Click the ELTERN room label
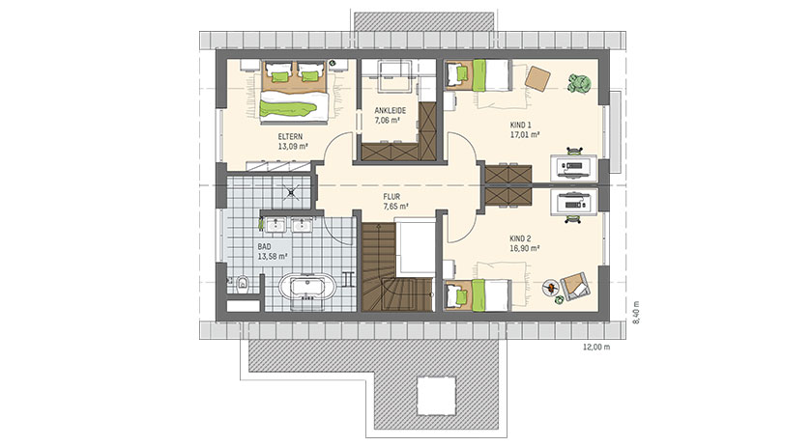pos(290,137)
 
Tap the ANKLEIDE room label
pos(390,111)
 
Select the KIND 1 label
pos(520,125)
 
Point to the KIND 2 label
pos(520,239)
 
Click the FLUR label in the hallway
pos(391,197)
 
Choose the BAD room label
pos(264,247)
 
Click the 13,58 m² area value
pos(273,256)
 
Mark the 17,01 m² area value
pos(525,134)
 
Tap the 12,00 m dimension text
pos(596,348)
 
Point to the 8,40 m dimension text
pos(636,313)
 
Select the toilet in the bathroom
pos(240,284)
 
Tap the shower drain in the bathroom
pos(292,191)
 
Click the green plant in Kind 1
pos(580,83)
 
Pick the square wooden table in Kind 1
pos(538,78)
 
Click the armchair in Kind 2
pos(575,286)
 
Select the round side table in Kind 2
pos(550,287)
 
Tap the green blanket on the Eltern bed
pos(287,109)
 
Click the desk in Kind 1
pos(573,167)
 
